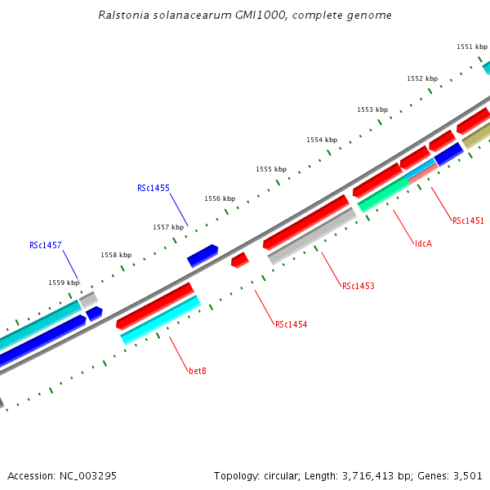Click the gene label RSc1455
point(154,188)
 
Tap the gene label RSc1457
point(46,245)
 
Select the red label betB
point(198,371)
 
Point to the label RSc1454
point(291,324)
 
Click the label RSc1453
point(359,286)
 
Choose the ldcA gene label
point(423,243)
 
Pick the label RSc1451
point(468,220)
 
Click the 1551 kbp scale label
point(471,47)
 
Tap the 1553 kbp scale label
point(372,109)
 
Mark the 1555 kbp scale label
point(271,169)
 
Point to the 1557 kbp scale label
point(168,227)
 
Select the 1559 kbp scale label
point(64,283)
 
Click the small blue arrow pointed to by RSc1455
point(203,256)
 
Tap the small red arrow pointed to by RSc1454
point(240,260)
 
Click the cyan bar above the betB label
point(160,319)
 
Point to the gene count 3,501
point(468,475)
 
